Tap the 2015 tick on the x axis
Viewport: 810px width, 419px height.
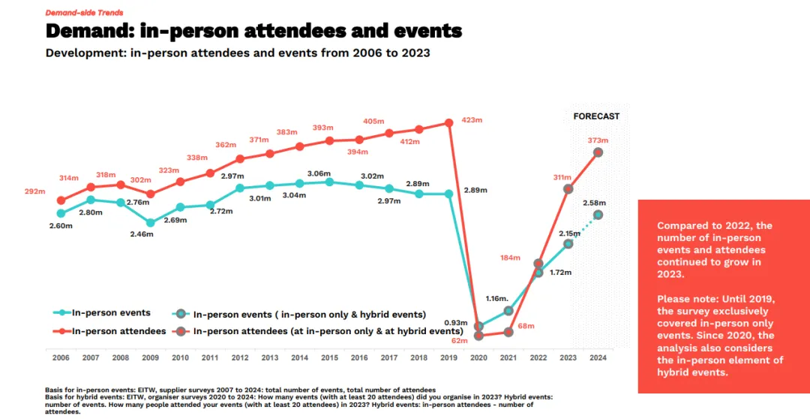329,357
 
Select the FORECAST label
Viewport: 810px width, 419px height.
596,116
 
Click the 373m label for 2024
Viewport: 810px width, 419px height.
598,140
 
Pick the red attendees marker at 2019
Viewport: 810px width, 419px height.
448,123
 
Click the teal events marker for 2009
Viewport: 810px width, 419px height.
151,222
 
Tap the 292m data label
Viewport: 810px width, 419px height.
35,191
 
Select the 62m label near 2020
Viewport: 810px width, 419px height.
459,341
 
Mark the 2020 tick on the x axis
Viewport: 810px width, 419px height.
478,357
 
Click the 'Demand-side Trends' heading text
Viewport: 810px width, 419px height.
84,13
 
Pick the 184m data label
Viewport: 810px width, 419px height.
510,258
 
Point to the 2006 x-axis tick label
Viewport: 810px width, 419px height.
61,357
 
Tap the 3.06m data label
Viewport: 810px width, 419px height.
319,173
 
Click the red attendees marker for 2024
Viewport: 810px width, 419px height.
598,152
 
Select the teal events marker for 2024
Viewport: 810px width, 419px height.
598,215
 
